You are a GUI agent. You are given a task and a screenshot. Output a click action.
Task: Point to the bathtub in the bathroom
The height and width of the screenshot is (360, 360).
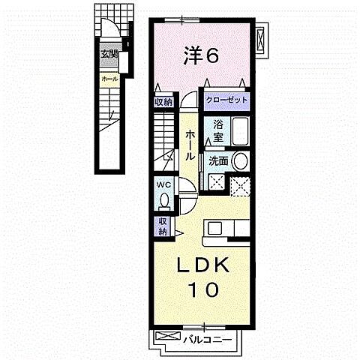pyautogui.click(x=239, y=131)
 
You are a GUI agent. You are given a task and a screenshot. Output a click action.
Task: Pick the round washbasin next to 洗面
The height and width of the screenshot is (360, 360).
pyautogui.click(x=239, y=160)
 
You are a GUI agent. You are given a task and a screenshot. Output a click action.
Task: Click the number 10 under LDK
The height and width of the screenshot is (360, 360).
pyautogui.click(x=201, y=289)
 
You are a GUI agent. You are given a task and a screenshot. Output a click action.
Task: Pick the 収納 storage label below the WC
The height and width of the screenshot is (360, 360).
pyautogui.click(x=163, y=226)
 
